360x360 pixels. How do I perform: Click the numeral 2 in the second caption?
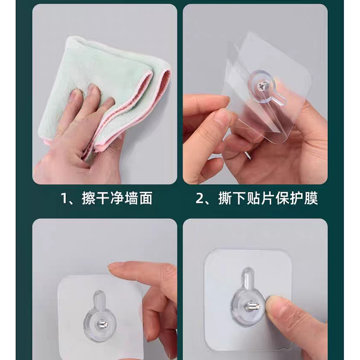pyautogui.click(x=200, y=198)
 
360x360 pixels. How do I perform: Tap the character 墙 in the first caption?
pyautogui.click(x=131, y=198)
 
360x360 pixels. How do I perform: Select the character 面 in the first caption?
pyautogui.click(x=145, y=198)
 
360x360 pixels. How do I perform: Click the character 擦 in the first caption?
pyautogui.click(x=89, y=198)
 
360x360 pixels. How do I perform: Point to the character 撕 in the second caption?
pyautogui.click(x=225, y=198)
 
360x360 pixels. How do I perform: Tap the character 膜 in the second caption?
pyautogui.click(x=311, y=198)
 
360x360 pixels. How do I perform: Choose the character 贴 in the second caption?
pyautogui.click(x=254, y=198)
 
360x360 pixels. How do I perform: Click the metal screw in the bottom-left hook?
pyautogui.click(x=102, y=324)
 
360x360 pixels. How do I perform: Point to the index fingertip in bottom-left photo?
pyautogui.click(x=110, y=267)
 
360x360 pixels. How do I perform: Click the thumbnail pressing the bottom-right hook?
pyautogui.click(x=274, y=303)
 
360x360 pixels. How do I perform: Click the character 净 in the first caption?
pyautogui.click(x=117, y=198)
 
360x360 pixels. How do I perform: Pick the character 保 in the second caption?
pyautogui.click(x=282, y=198)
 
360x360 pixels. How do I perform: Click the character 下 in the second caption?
pyautogui.click(x=239, y=198)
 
